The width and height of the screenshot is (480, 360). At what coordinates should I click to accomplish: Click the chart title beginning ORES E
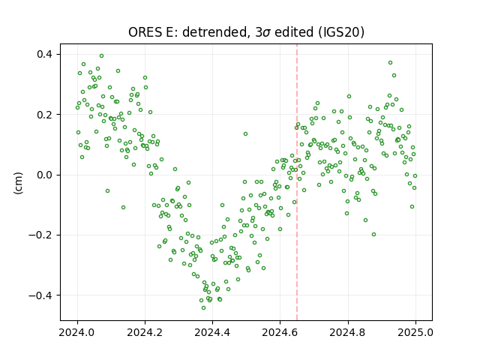(246, 32)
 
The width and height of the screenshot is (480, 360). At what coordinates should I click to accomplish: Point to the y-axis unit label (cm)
(18, 183)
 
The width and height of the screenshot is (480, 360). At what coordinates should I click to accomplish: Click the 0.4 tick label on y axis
(45, 55)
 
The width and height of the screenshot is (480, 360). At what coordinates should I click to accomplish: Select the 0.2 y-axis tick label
(45, 115)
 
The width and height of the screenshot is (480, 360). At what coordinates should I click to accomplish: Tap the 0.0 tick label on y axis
(45, 175)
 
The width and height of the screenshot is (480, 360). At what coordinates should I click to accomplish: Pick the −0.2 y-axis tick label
(40, 235)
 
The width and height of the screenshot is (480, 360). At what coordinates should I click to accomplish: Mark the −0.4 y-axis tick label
(40, 295)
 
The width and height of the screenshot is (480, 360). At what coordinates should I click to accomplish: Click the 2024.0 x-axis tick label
(77, 332)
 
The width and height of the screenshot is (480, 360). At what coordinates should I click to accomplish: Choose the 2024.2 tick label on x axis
(145, 332)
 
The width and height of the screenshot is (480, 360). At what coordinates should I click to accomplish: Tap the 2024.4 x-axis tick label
(212, 332)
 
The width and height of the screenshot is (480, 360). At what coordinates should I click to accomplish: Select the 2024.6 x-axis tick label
(280, 332)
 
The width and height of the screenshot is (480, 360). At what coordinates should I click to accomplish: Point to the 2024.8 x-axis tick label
(348, 332)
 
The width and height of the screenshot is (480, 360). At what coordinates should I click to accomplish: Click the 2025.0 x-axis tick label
(415, 332)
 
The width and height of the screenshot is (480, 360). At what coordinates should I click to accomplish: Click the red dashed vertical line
(297, 182)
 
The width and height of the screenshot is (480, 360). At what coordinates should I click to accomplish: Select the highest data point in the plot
(102, 56)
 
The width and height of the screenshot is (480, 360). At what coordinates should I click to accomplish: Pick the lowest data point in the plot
(203, 307)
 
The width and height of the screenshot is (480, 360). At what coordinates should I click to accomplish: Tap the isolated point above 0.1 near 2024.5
(245, 133)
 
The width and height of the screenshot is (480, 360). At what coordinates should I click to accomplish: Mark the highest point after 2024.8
(390, 63)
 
